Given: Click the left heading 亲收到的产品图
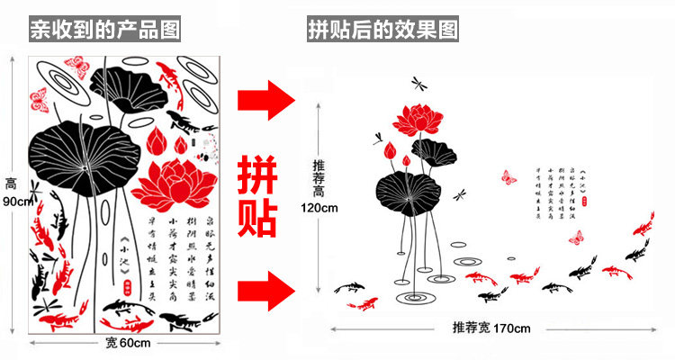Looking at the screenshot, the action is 104,30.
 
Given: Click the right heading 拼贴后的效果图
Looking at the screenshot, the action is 382,30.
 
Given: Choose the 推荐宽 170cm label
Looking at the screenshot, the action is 490,328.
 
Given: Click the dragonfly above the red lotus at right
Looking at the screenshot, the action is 419,83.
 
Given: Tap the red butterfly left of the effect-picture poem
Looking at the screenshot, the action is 508,176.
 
